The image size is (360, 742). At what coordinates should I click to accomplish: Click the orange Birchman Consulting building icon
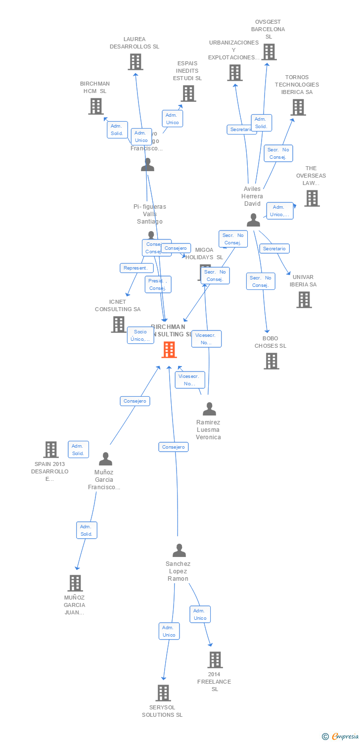pos(169,350)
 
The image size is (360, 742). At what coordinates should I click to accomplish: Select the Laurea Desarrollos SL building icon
pos(135,62)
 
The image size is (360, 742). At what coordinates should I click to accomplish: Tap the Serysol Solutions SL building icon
pos(163,693)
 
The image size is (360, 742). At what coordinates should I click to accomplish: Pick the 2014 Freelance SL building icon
pos(215,660)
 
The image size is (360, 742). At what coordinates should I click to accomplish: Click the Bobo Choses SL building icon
pos(271,361)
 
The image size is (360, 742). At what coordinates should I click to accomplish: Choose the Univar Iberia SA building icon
pos(304,300)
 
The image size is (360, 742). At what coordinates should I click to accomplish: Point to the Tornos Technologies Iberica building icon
pos(298,107)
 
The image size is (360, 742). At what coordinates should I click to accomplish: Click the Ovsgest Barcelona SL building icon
pos(269,52)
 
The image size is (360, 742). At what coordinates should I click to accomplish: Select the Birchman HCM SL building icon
pos(95,106)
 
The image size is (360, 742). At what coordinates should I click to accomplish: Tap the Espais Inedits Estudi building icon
pos(188,93)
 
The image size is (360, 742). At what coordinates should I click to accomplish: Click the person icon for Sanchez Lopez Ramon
pos(179,550)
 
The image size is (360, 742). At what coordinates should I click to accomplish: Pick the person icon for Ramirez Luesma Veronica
pos(209,409)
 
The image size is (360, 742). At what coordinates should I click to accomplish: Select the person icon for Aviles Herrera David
pos(253,220)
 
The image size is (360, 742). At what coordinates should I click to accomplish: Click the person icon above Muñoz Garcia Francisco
pos(105,459)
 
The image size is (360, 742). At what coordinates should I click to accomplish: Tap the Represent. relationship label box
pos(136,268)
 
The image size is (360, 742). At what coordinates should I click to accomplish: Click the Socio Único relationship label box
pos(140,335)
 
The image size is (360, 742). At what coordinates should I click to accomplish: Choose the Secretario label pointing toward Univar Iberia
pos(274,249)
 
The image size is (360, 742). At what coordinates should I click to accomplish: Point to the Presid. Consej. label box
pos(158,284)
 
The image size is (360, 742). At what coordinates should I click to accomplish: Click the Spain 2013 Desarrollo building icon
pos(51,450)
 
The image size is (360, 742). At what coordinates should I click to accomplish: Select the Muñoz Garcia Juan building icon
pos(75,583)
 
